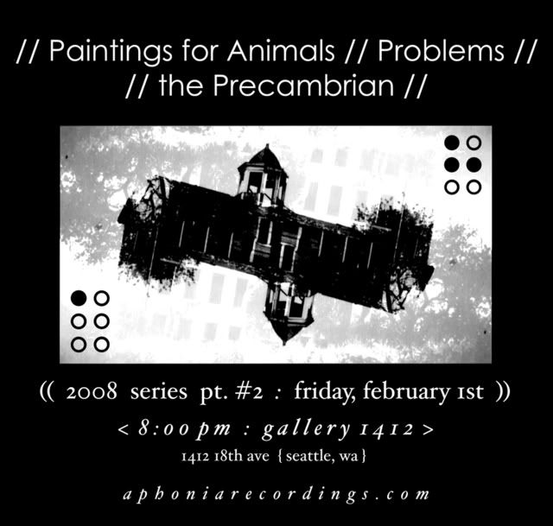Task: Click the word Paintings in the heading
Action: pos(111,52)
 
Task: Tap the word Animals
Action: pos(281,51)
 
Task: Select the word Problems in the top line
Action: pos(441,51)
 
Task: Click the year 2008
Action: pos(92,391)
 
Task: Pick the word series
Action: pos(159,392)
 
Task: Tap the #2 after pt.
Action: pos(250,391)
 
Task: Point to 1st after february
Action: pos(469,392)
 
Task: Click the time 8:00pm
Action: pos(184,429)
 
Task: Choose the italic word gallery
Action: pos(306,429)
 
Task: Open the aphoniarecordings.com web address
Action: pos(276,494)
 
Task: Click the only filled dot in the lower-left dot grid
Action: pos(79,298)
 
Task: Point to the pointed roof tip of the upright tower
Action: pos(267,144)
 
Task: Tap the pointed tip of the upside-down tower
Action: pos(284,343)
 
